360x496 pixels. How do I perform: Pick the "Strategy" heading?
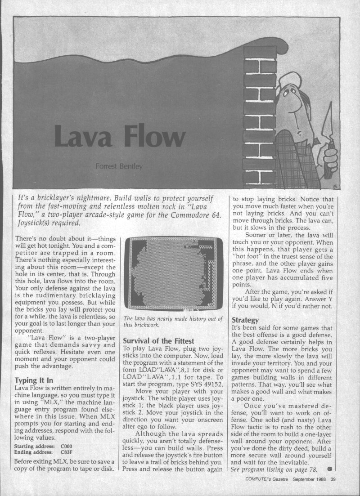point(245,320)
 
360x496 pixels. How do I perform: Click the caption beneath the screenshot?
point(172,322)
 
